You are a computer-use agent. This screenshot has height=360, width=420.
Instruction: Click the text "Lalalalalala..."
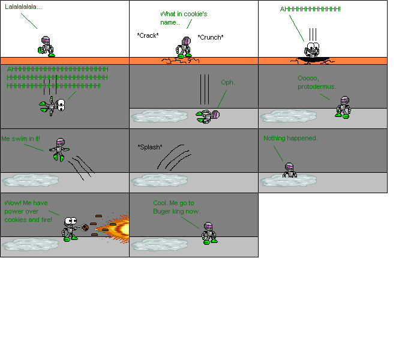[23, 7]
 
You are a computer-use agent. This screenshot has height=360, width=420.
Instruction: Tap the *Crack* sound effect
[148, 35]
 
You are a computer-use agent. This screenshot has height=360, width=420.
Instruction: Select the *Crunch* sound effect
[211, 37]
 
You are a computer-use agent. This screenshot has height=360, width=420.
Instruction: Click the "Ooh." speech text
[228, 82]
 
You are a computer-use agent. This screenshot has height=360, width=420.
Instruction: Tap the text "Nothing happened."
[290, 139]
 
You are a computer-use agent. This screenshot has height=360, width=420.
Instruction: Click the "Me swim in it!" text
[21, 139]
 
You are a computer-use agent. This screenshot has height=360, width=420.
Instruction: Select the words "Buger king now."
[176, 211]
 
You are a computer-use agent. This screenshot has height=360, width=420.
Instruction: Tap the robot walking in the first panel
[47, 46]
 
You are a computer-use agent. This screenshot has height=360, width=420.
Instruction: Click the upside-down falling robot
[54, 106]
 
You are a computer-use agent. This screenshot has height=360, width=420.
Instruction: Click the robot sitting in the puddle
[289, 170]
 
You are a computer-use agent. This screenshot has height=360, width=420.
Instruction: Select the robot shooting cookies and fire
[70, 228]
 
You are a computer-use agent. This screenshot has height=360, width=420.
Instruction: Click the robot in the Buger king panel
[209, 233]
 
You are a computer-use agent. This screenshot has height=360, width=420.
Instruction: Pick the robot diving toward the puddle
[59, 148]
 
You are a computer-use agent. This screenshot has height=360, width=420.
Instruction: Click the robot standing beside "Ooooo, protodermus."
[343, 107]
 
